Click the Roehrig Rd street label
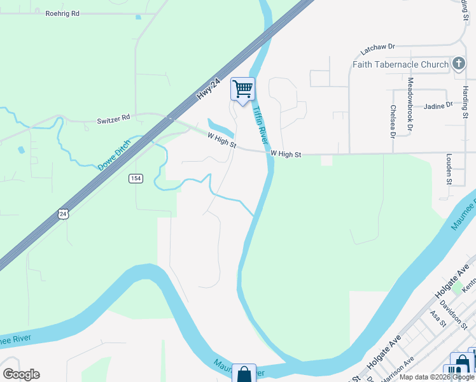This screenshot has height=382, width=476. tap(62, 13)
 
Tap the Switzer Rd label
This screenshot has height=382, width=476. tap(113, 118)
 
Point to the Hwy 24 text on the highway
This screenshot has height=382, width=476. tap(208, 88)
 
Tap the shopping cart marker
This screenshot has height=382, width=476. tap(242, 89)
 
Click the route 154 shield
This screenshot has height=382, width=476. tap(135, 178)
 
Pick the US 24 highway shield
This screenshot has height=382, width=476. tap(62, 214)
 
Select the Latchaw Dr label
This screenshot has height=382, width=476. tap(377, 47)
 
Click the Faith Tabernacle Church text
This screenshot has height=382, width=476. tap(400, 64)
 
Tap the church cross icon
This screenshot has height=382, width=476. tap(458, 64)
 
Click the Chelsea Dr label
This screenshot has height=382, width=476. tap(393, 121)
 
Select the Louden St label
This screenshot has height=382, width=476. tap(449, 169)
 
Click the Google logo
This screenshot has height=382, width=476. tap(21, 374)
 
